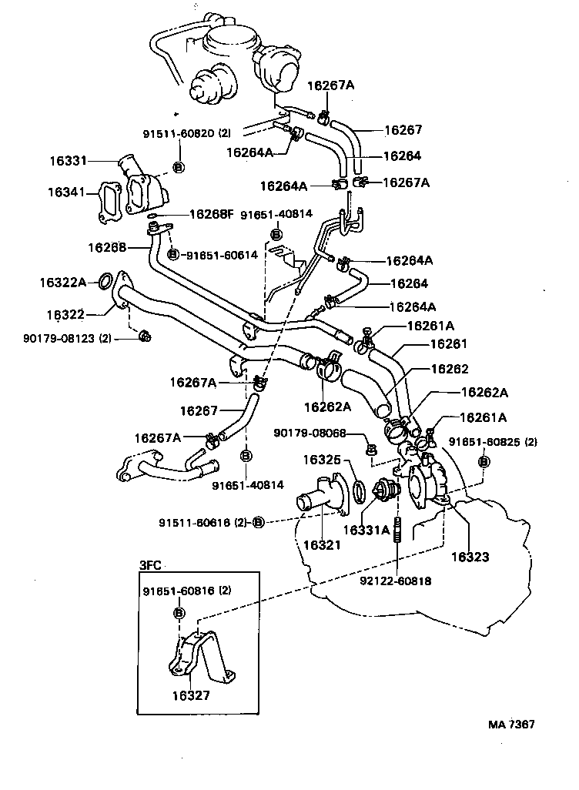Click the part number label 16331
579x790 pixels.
(68, 161)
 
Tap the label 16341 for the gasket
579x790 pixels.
(66, 192)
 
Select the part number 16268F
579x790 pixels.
(212, 214)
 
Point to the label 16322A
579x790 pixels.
(63, 283)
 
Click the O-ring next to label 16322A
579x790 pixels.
(104, 281)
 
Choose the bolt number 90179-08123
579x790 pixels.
(59, 338)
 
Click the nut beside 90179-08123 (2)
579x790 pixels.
(145, 335)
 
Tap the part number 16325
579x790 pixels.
(322, 460)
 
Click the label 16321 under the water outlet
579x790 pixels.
(322, 544)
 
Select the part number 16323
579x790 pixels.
(470, 557)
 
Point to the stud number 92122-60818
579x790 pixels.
(396, 581)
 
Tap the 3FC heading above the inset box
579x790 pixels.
(150, 565)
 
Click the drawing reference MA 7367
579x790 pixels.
(511, 724)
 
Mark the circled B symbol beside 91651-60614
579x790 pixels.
(172, 255)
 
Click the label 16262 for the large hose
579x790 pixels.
(450, 369)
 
